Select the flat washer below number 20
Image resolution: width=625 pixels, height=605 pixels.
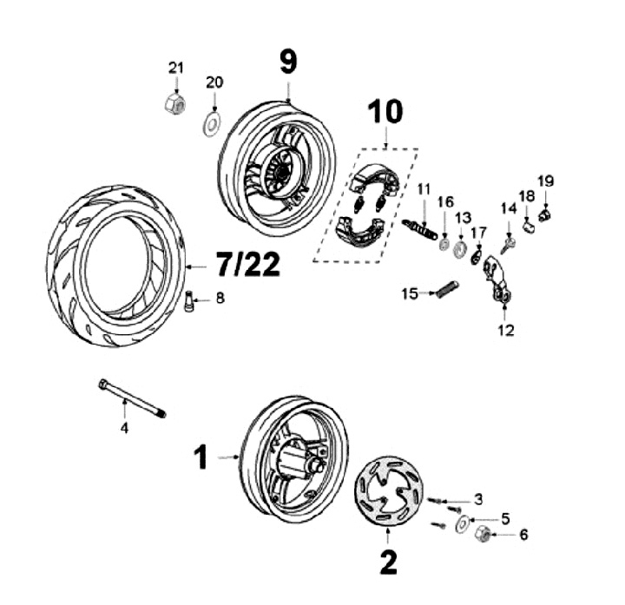213,124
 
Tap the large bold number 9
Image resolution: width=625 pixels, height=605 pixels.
288,63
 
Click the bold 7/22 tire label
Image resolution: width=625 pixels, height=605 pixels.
248,264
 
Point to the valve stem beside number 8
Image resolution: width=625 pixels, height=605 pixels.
188,302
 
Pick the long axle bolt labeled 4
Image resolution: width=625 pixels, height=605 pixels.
132,398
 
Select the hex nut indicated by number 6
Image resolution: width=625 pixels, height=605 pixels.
483,534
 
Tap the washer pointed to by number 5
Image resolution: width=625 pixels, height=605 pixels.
463,523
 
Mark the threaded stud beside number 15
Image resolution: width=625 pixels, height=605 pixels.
447,289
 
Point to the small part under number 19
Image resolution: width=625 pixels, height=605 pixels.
543,214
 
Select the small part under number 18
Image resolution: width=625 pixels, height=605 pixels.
529,228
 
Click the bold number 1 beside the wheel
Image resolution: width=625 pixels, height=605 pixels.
201,457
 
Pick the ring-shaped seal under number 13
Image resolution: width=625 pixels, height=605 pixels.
460,248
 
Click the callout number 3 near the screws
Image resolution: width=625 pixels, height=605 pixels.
478,499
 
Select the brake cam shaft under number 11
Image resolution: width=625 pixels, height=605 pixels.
420,230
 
